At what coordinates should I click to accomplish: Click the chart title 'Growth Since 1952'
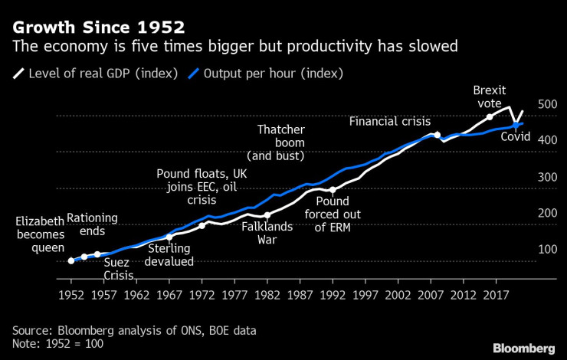tap(98, 28)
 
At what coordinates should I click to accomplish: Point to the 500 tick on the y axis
tap(528, 104)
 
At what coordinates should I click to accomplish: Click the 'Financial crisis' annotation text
tap(390, 121)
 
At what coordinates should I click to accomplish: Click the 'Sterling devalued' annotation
tap(169, 255)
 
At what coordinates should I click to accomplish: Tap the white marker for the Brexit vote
tap(490, 117)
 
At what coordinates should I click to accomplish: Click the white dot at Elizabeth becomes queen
tap(71, 260)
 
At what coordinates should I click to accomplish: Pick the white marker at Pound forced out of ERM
tap(333, 190)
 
